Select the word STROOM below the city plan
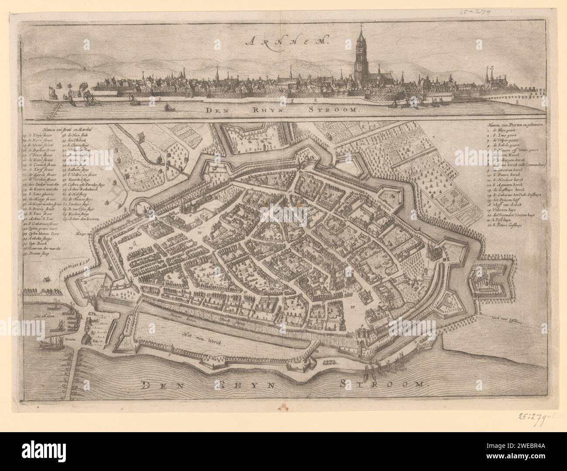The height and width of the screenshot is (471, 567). click(x=383, y=384)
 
